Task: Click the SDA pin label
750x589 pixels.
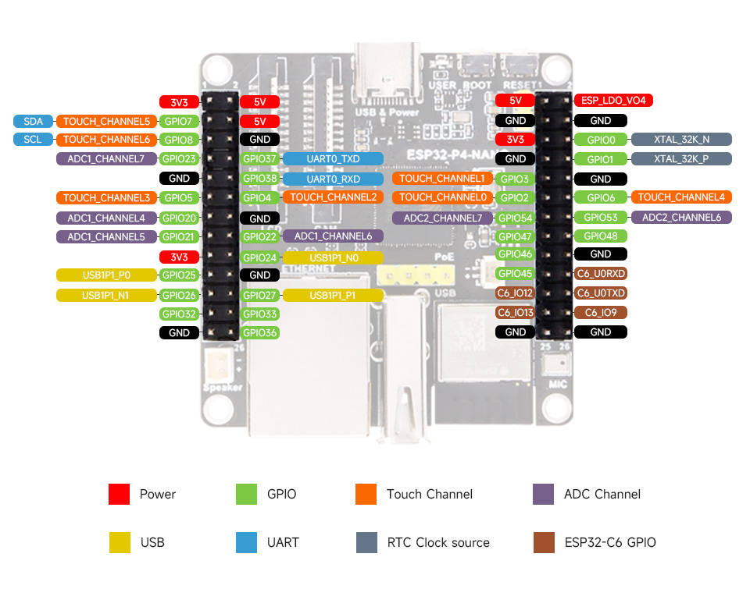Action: point(33,121)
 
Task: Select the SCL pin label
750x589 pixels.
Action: point(33,140)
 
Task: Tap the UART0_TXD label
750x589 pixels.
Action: point(333,159)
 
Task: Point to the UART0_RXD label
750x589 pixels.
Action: point(333,179)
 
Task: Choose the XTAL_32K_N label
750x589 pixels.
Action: point(681,140)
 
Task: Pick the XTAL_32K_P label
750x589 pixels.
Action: point(681,159)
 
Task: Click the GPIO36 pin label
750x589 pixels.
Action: point(260,332)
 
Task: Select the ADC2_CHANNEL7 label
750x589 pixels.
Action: point(442,218)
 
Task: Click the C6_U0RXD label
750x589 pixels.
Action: point(601,274)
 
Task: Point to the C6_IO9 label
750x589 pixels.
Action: point(601,313)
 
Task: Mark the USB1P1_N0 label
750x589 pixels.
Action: point(333,257)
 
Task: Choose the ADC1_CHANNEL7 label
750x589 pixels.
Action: point(105,159)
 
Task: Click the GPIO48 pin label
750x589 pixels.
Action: point(601,236)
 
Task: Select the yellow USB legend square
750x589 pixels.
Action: point(120,542)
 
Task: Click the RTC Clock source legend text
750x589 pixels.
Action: point(437,542)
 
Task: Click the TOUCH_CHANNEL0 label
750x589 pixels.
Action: point(442,197)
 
